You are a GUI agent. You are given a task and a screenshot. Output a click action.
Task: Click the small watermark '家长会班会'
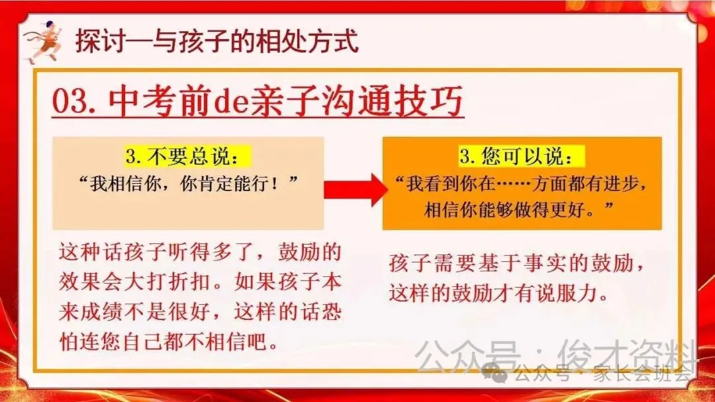coord(651,374)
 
